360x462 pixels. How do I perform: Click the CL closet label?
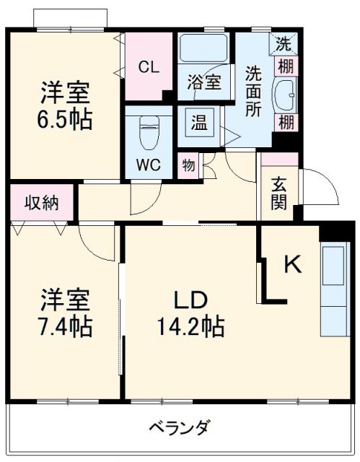[149, 67]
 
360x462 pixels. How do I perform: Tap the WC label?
[149, 165]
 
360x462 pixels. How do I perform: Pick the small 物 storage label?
[188, 165]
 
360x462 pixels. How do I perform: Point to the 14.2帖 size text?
[190, 327]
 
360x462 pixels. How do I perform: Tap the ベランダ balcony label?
[180, 427]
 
